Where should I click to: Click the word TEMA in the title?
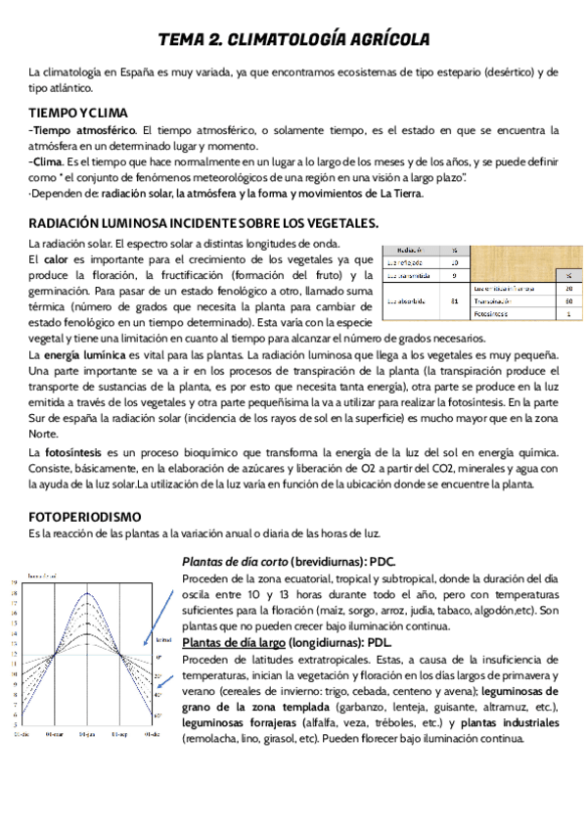tap(185, 39)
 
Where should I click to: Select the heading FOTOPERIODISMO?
tap(85, 516)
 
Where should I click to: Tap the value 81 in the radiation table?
tap(454, 301)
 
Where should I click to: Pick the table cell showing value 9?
tap(454, 276)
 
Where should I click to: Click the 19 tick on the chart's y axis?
tap(14, 582)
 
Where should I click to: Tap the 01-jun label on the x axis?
tap(88, 733)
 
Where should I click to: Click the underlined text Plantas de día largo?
tap(234, 642)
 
